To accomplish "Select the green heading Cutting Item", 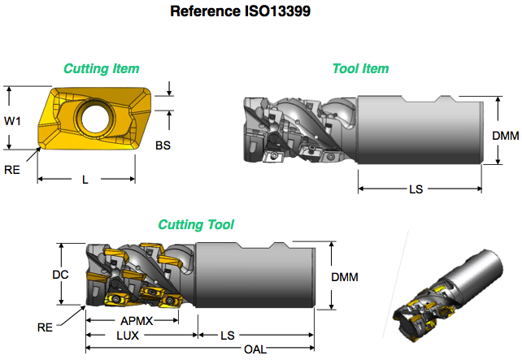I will click(101, 68).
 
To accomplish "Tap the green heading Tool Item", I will click(360, 68).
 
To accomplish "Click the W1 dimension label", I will click(13, 121).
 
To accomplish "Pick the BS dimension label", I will click(163, 145).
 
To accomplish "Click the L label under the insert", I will click(85, 180).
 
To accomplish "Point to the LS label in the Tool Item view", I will click(415, 189).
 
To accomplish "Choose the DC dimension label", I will click(60, 275).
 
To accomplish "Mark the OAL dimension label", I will click(254, 349).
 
